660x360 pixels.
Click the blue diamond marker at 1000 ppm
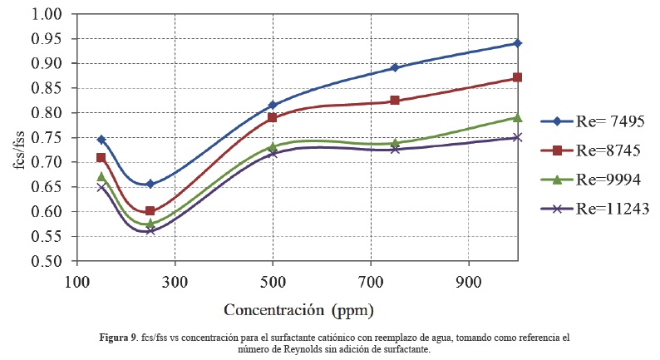point(517,43)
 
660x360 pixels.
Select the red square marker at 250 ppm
point(150,211)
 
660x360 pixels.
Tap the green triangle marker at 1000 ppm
point(517,118)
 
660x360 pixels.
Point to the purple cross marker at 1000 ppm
point(517,137)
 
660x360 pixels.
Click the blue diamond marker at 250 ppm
point(150,184)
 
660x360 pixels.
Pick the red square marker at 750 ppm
point(395,101)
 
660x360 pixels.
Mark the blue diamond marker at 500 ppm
point(273,106)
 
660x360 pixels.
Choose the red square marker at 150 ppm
point(101,158)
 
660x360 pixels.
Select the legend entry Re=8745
point(598,150)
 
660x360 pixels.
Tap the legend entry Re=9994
point(598,180)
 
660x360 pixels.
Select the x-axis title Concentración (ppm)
point(298,310)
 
